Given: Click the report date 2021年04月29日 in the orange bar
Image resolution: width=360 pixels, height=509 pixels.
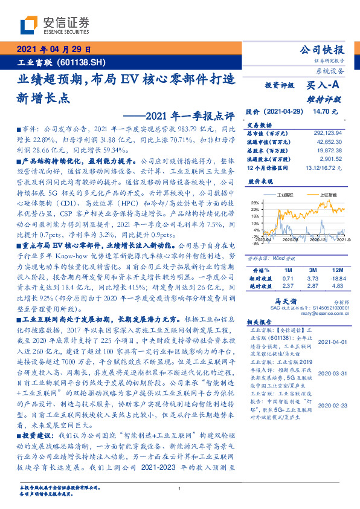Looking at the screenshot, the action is coord(53,51).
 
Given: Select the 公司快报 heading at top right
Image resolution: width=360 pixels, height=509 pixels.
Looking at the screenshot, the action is coord(322,50).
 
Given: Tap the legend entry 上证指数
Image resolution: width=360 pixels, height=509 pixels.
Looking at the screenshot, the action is coord(327,196).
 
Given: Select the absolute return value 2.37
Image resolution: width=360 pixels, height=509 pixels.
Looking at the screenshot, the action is coord(288,285).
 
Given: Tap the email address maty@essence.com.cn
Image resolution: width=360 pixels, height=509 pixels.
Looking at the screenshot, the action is coord(317,314).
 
